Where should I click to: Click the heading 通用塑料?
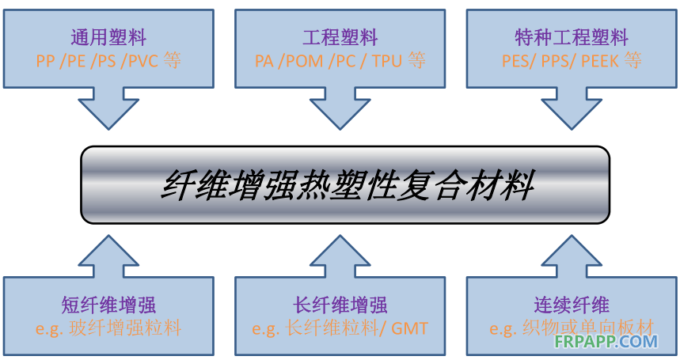[x=108, y=37]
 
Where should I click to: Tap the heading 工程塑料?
[x=340, y=37]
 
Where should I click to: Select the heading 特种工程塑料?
[x=572, y=37]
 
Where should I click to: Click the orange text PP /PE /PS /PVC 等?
[x=108, y=61]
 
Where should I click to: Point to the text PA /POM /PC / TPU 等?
[x=340, y=61]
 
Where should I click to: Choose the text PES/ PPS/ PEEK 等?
[x=572, y=61]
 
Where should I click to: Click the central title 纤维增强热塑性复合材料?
[x=346, y=184]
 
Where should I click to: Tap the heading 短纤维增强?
[x=108, y=304]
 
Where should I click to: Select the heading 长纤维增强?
[x=340, y=304]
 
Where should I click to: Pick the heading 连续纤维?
[x=572, y=304]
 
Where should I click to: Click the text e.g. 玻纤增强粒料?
[x=108, y=328]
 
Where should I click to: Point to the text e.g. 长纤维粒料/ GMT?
[x=340, y=328]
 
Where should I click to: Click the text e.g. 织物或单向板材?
[x=572, y=328]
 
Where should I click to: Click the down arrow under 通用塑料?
[x=108, y=109]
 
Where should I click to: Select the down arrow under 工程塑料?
[x=340, y=109]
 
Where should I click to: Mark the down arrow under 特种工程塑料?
[x=572, y=109]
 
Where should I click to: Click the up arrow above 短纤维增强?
[x=108, y=255]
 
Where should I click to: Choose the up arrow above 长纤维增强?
[x=340, y=255]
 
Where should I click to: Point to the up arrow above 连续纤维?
[x=572, y=255]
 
